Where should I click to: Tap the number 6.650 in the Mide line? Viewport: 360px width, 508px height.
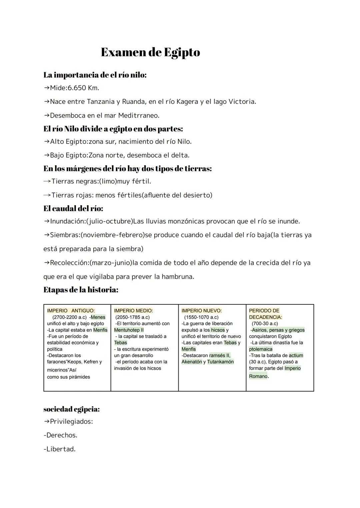pos(77,88)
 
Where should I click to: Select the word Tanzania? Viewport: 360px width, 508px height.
pos(100,102)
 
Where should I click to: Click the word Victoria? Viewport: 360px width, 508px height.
pos(242,102)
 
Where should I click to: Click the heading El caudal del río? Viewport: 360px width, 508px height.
pos(73,209)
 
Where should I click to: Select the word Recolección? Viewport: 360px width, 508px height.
pos(69,263)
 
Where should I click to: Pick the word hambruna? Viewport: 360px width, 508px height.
pos(177,276)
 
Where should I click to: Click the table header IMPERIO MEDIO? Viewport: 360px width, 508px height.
pos(133,310)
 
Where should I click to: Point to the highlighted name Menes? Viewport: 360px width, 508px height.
pos(98,317)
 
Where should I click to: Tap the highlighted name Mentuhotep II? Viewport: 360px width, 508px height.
pos(129,330)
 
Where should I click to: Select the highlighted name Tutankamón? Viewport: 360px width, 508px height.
pos(220,362)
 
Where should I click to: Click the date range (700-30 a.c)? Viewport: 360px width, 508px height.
pos(265,323)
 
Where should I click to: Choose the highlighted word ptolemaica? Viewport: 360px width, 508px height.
pos(261,349)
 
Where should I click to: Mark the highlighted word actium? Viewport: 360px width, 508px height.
pos(296,355)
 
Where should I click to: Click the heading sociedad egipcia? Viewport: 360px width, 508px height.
pos(72,409)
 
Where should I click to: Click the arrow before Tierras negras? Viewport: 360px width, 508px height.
pos(47,182)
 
